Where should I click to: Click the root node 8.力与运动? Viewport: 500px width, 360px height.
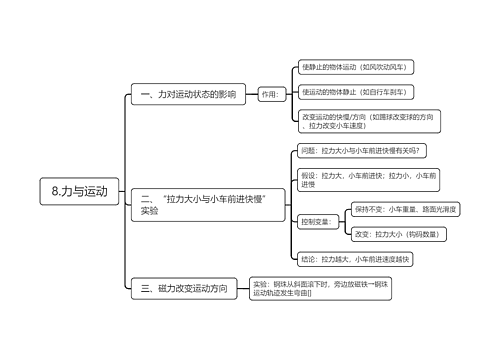[79, 191]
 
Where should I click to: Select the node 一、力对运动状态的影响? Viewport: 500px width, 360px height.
[186, 95]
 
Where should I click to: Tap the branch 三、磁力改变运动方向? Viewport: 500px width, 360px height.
[186, 289]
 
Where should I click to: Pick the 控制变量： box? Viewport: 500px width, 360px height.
[314, 221]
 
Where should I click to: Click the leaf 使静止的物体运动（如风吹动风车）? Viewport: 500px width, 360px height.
[356, 67]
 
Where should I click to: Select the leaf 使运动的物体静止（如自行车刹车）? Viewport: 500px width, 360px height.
[356, 93]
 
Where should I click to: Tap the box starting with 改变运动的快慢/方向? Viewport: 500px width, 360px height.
[369, 121]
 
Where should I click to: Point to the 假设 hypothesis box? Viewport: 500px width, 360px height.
[368, 179]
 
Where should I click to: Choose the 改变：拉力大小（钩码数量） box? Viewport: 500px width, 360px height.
[397, 233]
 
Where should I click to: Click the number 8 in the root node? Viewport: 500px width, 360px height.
[56, 191]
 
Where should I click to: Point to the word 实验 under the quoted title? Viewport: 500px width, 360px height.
[150, 211]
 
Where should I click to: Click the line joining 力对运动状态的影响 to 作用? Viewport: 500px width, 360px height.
[250, 95]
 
